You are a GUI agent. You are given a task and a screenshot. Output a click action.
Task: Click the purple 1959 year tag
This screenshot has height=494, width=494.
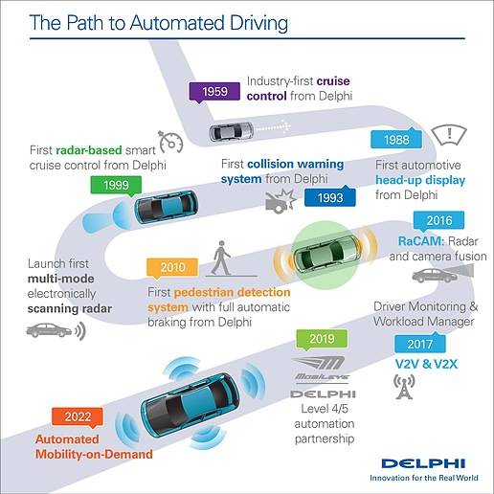pyautogui.click(x=214, y=92)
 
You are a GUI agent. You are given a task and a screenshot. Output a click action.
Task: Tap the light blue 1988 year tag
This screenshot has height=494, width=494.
pyautogui.click(x=396, y=139)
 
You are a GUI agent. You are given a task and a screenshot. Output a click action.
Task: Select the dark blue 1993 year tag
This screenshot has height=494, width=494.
pyautogui.click(x=330, y=197)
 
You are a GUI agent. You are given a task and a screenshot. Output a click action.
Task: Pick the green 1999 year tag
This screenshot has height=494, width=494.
pyautogui.click(x=116, y=186)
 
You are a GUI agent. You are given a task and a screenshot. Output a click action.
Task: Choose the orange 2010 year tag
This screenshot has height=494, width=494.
pyautogui.click(x=172, y=268)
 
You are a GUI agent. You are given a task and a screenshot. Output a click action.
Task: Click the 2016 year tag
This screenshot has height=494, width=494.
pyautogui.click(x=438, y=221)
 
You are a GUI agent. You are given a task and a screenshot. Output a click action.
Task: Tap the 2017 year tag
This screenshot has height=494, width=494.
pyautogui.click(x=420, y=343)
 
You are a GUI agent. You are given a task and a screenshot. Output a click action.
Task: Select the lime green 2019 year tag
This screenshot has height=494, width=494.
pyautogui.click(x=322, y=339)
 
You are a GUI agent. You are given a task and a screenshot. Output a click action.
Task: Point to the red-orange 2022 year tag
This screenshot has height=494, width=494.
pyautogui.click(x=78, y=417)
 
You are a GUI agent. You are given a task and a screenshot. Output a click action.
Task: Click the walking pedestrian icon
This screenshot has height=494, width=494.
pyautogui.click(x=221, y=258)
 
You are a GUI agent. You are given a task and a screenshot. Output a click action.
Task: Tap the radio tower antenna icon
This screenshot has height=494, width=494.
pyautogui.click(x=404, y=387)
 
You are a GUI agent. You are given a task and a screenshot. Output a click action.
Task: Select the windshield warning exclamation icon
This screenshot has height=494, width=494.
pyautogui.click(x=449, y=135)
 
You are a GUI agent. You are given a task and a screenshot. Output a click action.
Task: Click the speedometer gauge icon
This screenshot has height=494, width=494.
pyautogui.click(x=170, y=142)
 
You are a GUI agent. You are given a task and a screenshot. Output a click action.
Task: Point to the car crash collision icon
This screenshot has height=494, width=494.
pyautogui.click(x=281, y=200)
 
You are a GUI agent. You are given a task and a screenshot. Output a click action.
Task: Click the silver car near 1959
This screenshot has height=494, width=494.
pyautogui.click(x=231, y=131)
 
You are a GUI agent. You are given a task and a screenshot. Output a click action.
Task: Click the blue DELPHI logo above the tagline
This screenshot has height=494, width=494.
pyautogui.click(x=423, y=463)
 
